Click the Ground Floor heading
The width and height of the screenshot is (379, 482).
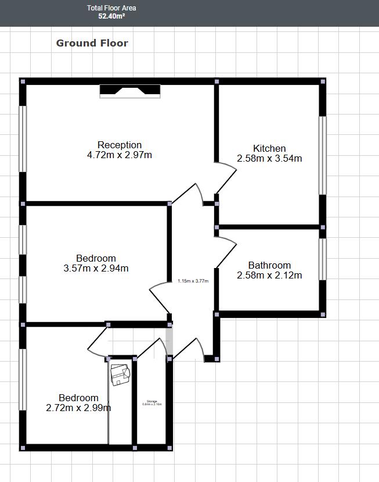[92, 43]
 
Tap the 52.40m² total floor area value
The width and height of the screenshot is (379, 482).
[111, 17]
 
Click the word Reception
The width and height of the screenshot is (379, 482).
[120, 145]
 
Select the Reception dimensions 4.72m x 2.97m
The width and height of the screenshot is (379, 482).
[120, 155]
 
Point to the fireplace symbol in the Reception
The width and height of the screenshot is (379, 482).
[129, 91]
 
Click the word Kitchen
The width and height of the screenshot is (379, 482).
[269, 148]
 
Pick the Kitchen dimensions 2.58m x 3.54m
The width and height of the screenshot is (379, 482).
[269, 158]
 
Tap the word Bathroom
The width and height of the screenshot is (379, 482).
[269, 265]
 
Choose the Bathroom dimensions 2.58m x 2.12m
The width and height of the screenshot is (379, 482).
[269, 276]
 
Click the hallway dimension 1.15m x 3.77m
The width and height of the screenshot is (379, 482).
[193, 281]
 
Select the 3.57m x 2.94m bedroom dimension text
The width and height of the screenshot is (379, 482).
[96, 268]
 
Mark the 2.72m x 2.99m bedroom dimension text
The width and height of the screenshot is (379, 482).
[78, 408]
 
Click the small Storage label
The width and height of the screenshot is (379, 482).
[152, 401]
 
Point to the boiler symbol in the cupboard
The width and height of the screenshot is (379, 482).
[121, 374]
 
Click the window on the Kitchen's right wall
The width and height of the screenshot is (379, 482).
[322, 155]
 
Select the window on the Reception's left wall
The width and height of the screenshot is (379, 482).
[23, 138]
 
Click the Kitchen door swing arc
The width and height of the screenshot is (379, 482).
[229, 177]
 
